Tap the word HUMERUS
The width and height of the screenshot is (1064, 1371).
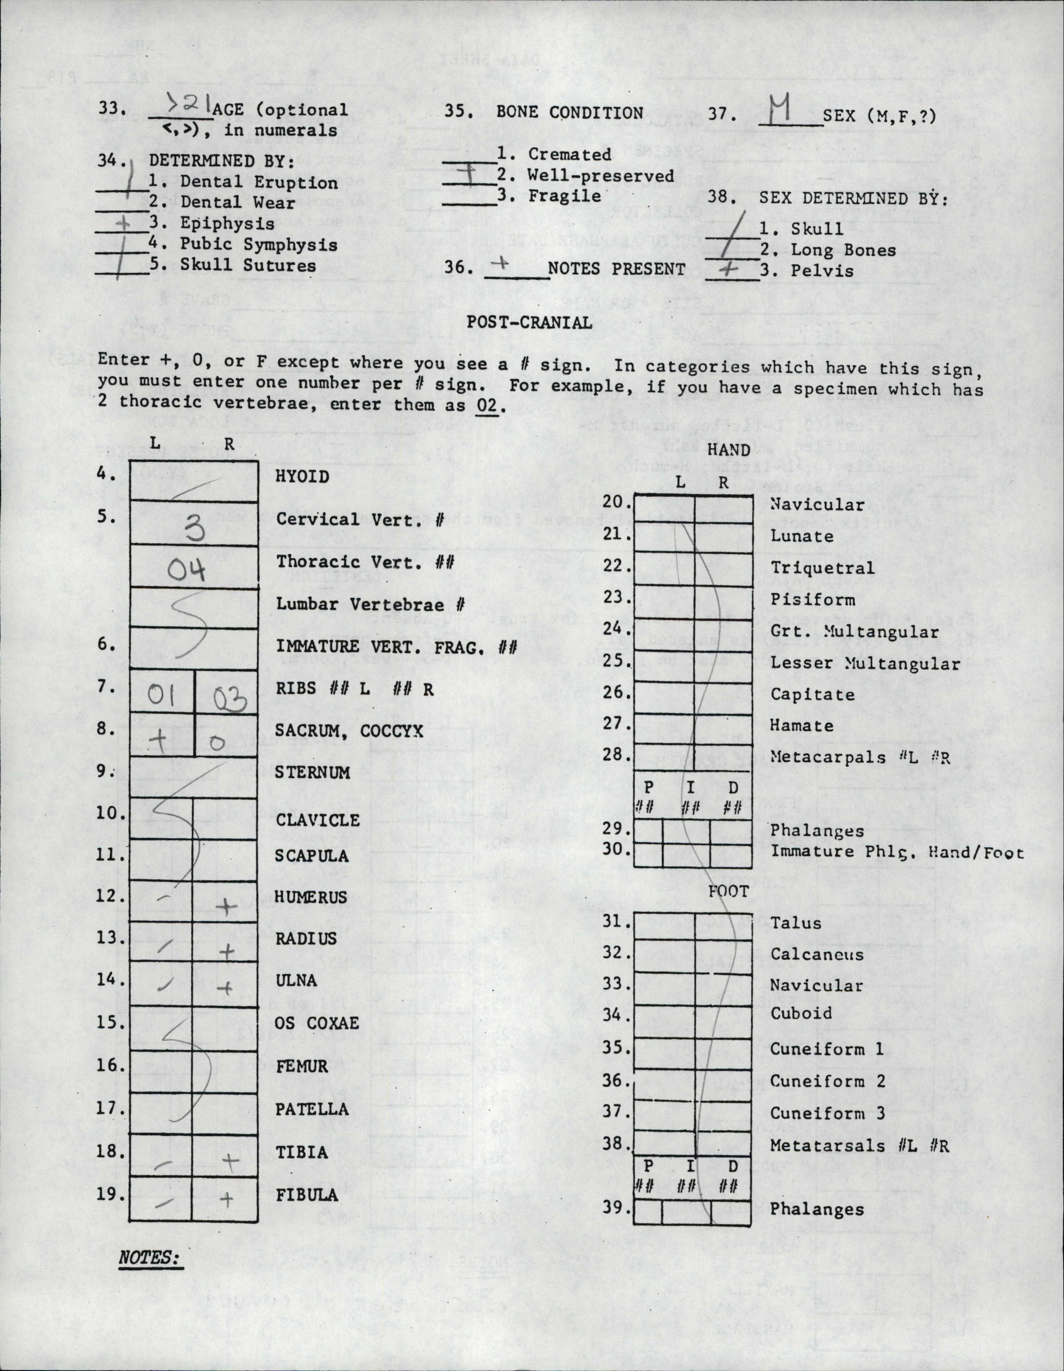(311, 897)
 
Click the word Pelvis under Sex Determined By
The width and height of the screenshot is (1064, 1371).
(822, 271)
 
